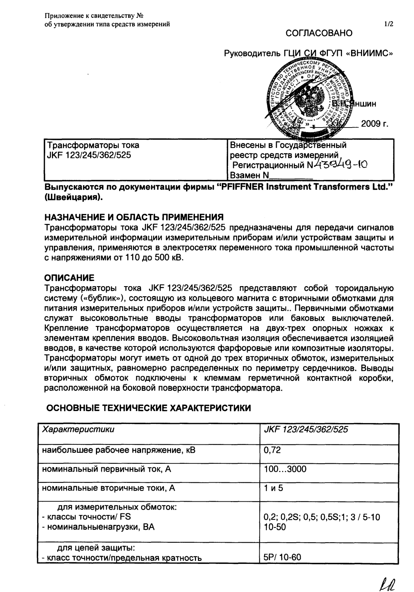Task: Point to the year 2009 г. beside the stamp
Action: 373,124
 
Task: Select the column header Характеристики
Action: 78,430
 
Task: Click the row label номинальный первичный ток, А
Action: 107,469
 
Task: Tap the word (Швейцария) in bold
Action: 74,198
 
